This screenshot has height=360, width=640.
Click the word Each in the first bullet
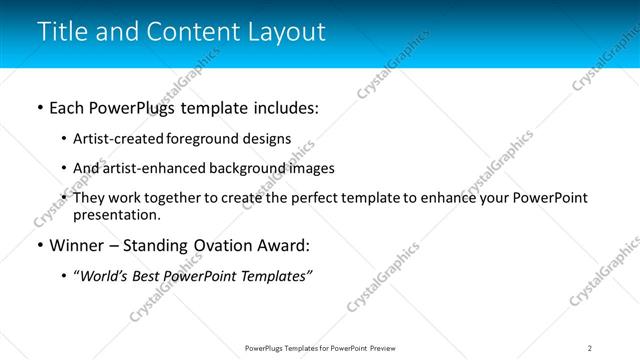67,108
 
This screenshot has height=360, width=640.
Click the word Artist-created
112,139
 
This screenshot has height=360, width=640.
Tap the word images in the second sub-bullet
312,168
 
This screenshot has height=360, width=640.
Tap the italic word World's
105,276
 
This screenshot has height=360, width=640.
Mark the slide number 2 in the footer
590,348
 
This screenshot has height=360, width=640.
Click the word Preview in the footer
386,348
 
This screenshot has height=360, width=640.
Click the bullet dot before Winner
39,246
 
